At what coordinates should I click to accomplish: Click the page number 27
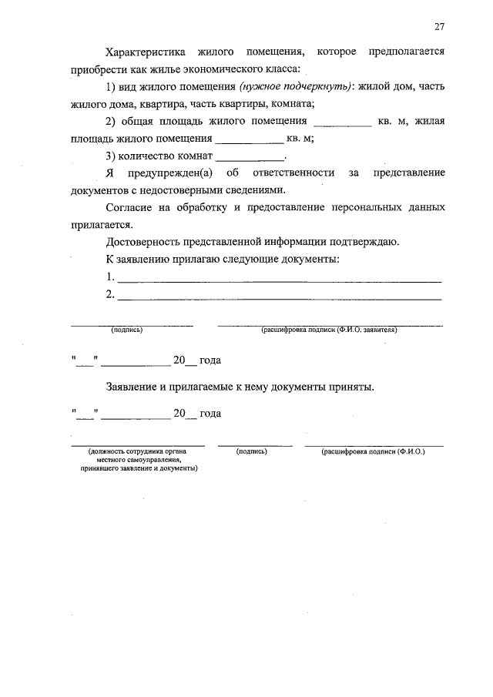[x=439, y=27]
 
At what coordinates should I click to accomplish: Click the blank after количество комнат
[x=251, y=156]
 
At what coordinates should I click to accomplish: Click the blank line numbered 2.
[x=279, y=295]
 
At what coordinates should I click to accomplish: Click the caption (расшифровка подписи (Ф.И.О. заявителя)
[x=330, y=330]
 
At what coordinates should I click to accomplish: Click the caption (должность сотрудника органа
[x=139, y=451]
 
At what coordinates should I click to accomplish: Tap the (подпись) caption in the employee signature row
[x=252, y=451]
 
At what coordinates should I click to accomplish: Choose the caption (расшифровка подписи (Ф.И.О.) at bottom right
[x=374, y=451]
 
